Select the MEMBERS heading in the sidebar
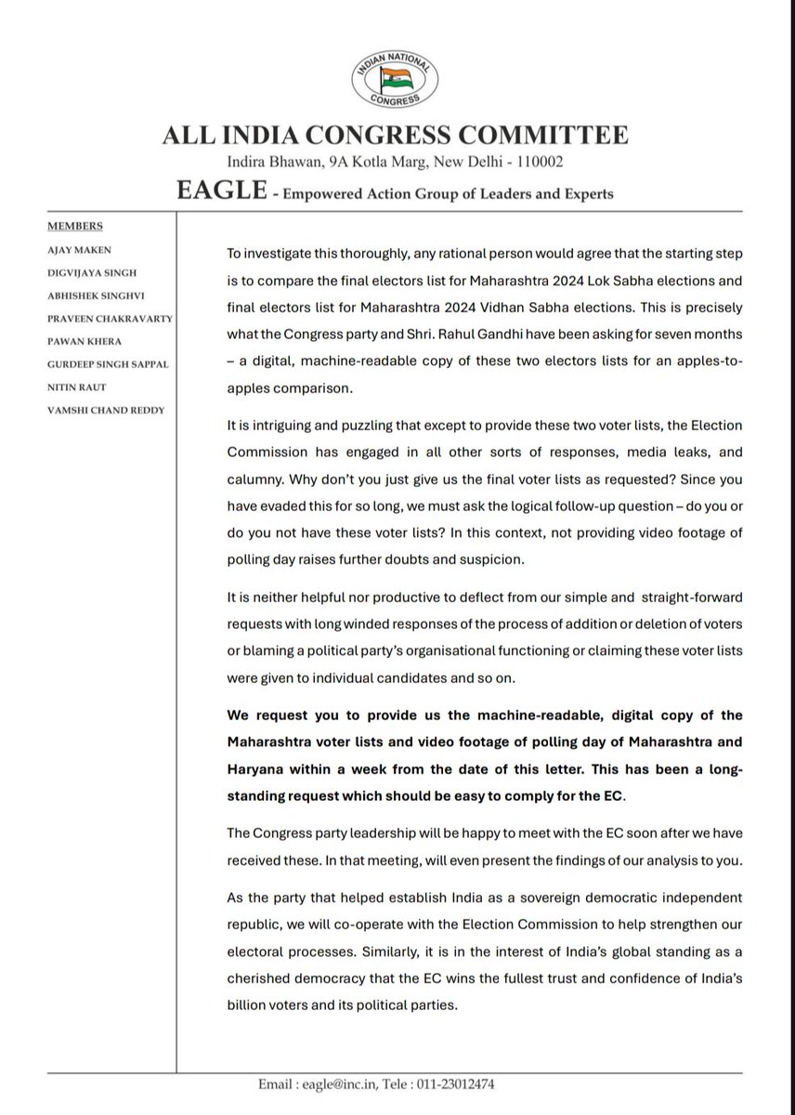point(75,226)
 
